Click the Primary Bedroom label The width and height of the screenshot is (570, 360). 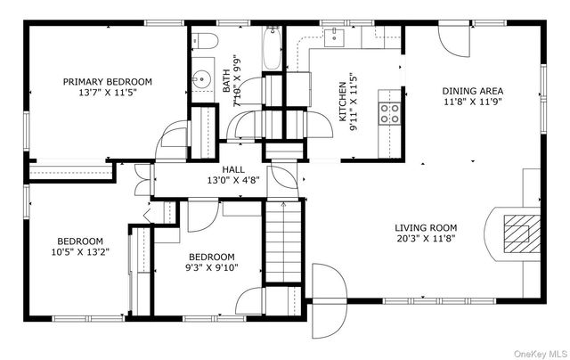(x=108, y=82)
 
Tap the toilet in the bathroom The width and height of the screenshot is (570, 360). (x=204, y=40)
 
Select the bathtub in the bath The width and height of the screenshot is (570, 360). (x=272, y=48)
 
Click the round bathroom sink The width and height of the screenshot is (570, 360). (x=199, y=78)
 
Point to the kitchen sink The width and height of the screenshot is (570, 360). (x=334, y=37)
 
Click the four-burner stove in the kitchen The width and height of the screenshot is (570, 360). (x=389, y=114)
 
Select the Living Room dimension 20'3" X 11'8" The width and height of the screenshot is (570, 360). (x=426, y=239)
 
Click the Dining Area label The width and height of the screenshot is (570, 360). (x=473, y=91)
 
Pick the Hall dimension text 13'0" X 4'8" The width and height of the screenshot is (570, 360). (x=233, y=180)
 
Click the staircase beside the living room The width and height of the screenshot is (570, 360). (x=283, y=241)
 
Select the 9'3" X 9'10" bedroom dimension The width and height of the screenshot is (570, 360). (x=212, y=268)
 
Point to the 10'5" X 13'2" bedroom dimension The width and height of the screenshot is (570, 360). (x=80, y=252)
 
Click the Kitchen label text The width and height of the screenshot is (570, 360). (x=342, y=102)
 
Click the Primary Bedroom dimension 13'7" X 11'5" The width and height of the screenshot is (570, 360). (x=108, y=93)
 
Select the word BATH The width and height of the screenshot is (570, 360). (x=226, y=80)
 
